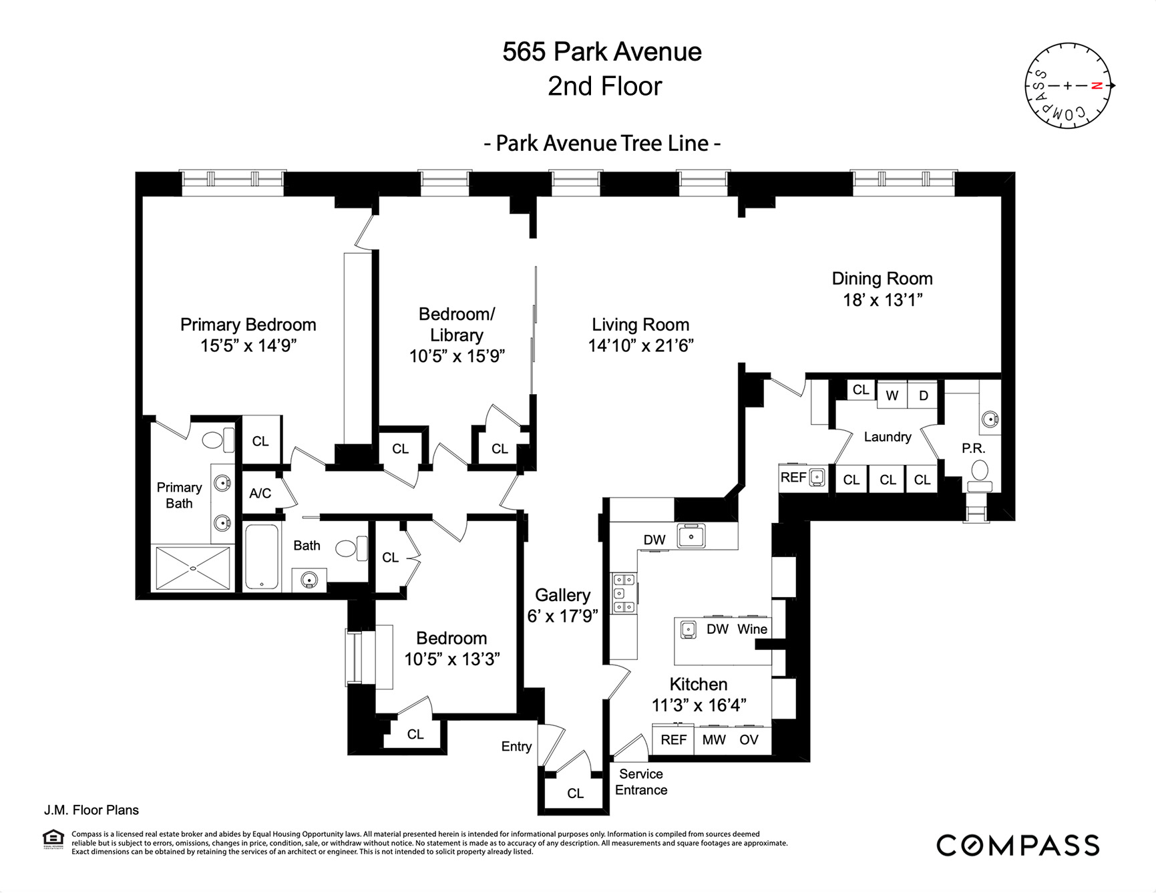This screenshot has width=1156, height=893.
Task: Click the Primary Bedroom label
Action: (248, 325)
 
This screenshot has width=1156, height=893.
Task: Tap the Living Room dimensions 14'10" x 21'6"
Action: (640, 345)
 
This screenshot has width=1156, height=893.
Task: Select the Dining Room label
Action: (882, 279)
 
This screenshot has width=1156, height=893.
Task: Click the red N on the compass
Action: (1095, 85)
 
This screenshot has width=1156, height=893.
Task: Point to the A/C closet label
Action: (260, 493)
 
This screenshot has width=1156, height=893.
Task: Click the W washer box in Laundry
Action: (892, 395)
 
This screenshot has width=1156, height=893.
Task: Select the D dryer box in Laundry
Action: (923, 395)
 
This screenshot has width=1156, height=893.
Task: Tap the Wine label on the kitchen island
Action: (752, 629)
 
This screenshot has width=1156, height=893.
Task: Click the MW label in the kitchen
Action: (713, 739)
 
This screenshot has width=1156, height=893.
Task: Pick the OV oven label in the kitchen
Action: (749, 739)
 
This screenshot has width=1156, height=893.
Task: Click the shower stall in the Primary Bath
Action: (192, 568)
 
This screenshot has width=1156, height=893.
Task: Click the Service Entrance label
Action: (641, 782)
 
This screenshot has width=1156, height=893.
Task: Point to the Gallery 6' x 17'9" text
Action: (562, 606)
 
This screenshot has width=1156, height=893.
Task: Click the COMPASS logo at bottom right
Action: (1017, 846)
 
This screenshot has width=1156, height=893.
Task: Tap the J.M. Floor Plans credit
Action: (91, 810)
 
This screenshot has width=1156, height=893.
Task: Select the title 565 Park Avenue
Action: (602, 52)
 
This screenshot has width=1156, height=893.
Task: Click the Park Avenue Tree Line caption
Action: (602, 144)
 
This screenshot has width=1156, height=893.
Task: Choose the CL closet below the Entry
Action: (575, 793)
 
